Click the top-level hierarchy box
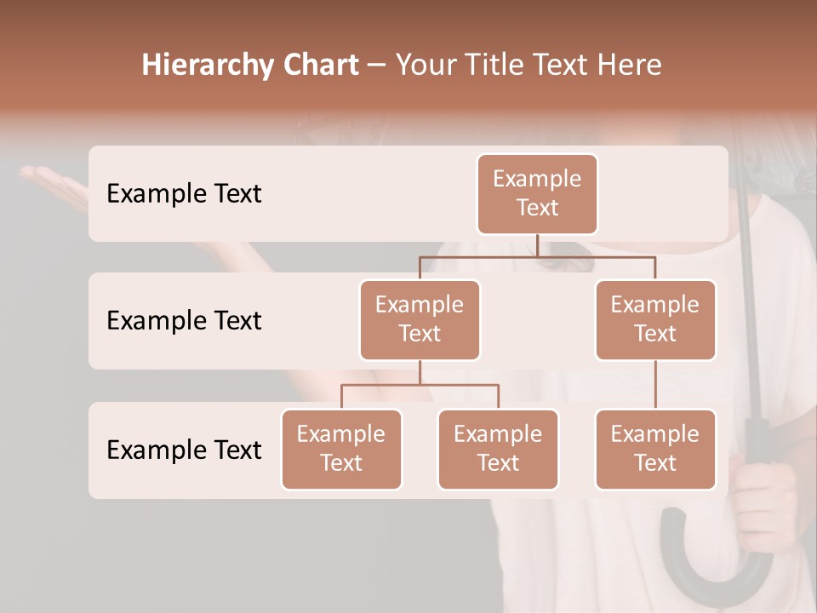[537, 193]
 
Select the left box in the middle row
[420, 319]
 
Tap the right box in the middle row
[655, 319]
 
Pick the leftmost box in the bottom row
[341, 449]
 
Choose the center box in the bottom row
[498, 449]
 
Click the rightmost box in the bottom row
[655, 449]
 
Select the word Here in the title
[630, 65]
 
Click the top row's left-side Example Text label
[184, 193]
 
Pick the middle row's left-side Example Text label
[184, 320]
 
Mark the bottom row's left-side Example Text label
[184, 450]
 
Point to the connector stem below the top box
[537, 245]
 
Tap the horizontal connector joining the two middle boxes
[537, 256]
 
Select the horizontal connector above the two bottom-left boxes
[420, 385]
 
